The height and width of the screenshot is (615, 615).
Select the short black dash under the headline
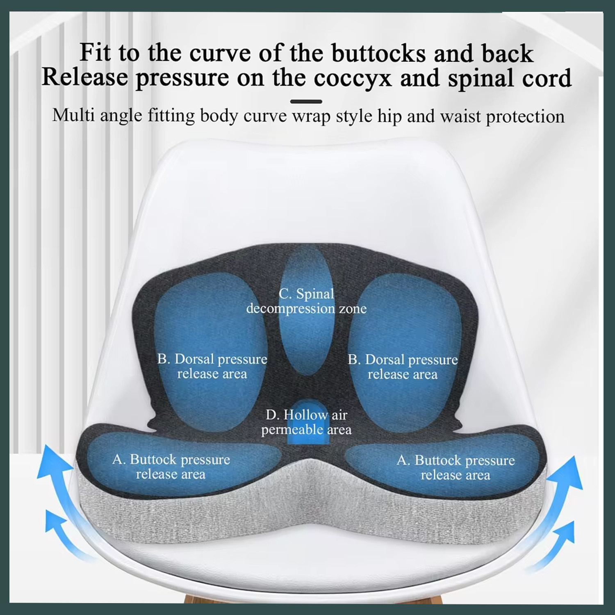coord(306,101)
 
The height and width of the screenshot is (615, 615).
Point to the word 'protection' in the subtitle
coord(525,117)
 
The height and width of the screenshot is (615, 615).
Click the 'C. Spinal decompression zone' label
coord(306,301)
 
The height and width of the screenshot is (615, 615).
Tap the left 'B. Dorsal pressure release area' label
coord(212,366)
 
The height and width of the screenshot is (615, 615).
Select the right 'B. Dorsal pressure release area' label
coord(403,367)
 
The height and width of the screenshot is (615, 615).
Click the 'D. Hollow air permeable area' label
coord(306,422)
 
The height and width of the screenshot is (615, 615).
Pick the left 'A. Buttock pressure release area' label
coord(171,467)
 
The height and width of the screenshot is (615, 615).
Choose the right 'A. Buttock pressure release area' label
coord(456,467)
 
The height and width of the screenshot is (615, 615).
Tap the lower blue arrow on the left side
coord(61,529)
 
